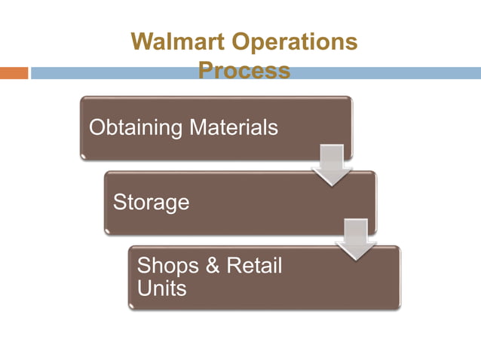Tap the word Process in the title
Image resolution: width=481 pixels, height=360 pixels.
244,71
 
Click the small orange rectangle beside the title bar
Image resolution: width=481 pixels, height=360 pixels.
14,73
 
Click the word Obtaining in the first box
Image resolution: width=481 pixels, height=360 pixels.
136,127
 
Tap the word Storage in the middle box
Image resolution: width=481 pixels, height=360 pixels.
151,203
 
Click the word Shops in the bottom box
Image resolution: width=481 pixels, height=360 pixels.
168,266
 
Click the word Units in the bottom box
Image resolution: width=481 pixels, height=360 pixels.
161,288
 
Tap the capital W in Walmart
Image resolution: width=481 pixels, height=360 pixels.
141,42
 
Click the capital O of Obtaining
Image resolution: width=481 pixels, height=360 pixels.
97,127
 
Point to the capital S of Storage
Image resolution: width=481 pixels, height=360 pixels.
119,202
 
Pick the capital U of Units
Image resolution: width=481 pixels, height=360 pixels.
144,288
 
